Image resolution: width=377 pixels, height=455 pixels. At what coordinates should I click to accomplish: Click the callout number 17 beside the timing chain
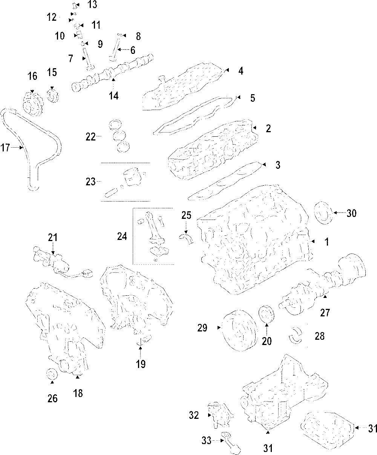coord(5,148)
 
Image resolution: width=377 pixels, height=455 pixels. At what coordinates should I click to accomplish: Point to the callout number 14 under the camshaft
coord(114,96)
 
